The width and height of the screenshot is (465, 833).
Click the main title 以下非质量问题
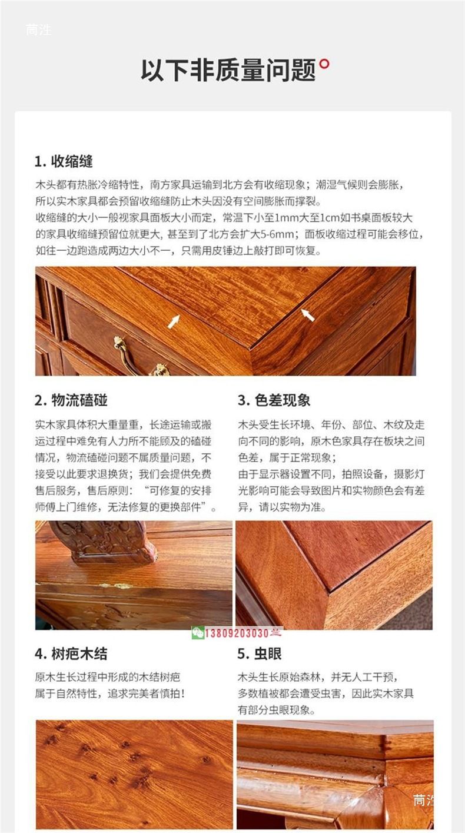click(228, 70)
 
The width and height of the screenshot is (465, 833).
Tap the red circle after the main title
click(324, 64)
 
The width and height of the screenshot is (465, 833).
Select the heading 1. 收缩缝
click(64, 161)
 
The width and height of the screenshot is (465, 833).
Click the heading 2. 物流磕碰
click(71, 400)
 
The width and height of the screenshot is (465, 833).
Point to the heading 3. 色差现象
click(274, 400)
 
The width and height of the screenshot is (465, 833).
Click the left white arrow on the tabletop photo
click(174, 321)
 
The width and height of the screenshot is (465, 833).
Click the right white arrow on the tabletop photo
click(308, 315)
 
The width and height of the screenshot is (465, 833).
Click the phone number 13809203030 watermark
click(237, 633)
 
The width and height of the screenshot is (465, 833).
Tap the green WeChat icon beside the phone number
click(198, 633)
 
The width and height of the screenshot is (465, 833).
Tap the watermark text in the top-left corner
click(39, 30)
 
